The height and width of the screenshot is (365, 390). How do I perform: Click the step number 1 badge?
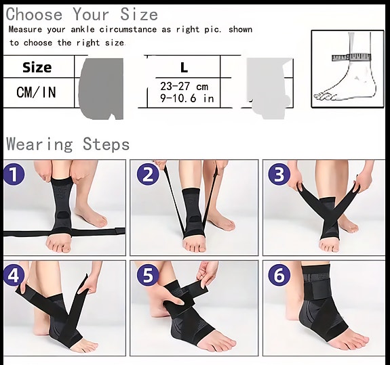click(14, 175)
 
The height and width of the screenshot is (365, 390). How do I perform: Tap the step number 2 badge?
click(148, 175)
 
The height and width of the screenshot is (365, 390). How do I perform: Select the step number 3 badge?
click(279, 174)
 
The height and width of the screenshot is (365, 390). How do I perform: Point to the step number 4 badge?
click(14, 275)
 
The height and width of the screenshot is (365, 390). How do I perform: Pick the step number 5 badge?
click(148, 275)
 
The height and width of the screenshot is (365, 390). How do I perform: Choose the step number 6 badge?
click(279, 275)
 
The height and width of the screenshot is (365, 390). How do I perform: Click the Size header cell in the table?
click(37, 67)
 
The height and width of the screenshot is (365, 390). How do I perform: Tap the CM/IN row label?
click(36, 92)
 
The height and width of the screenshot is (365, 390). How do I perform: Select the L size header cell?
click(184, 67)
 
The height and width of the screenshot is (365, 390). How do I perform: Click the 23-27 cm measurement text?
click(184, 87)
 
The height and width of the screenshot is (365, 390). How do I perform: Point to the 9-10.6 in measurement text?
click(187, 99)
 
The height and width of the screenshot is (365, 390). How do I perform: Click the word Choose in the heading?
click(34, 14)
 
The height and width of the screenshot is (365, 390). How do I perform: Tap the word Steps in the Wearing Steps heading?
click(106, 144)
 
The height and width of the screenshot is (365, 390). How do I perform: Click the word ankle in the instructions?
click(83, 30)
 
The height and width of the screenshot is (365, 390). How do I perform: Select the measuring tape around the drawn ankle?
click(351, 58)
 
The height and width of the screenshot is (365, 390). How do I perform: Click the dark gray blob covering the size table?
click(101, 89)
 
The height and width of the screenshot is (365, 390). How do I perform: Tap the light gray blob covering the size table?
click(269, 88)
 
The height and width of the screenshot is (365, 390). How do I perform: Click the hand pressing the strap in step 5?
click(174, 304)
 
